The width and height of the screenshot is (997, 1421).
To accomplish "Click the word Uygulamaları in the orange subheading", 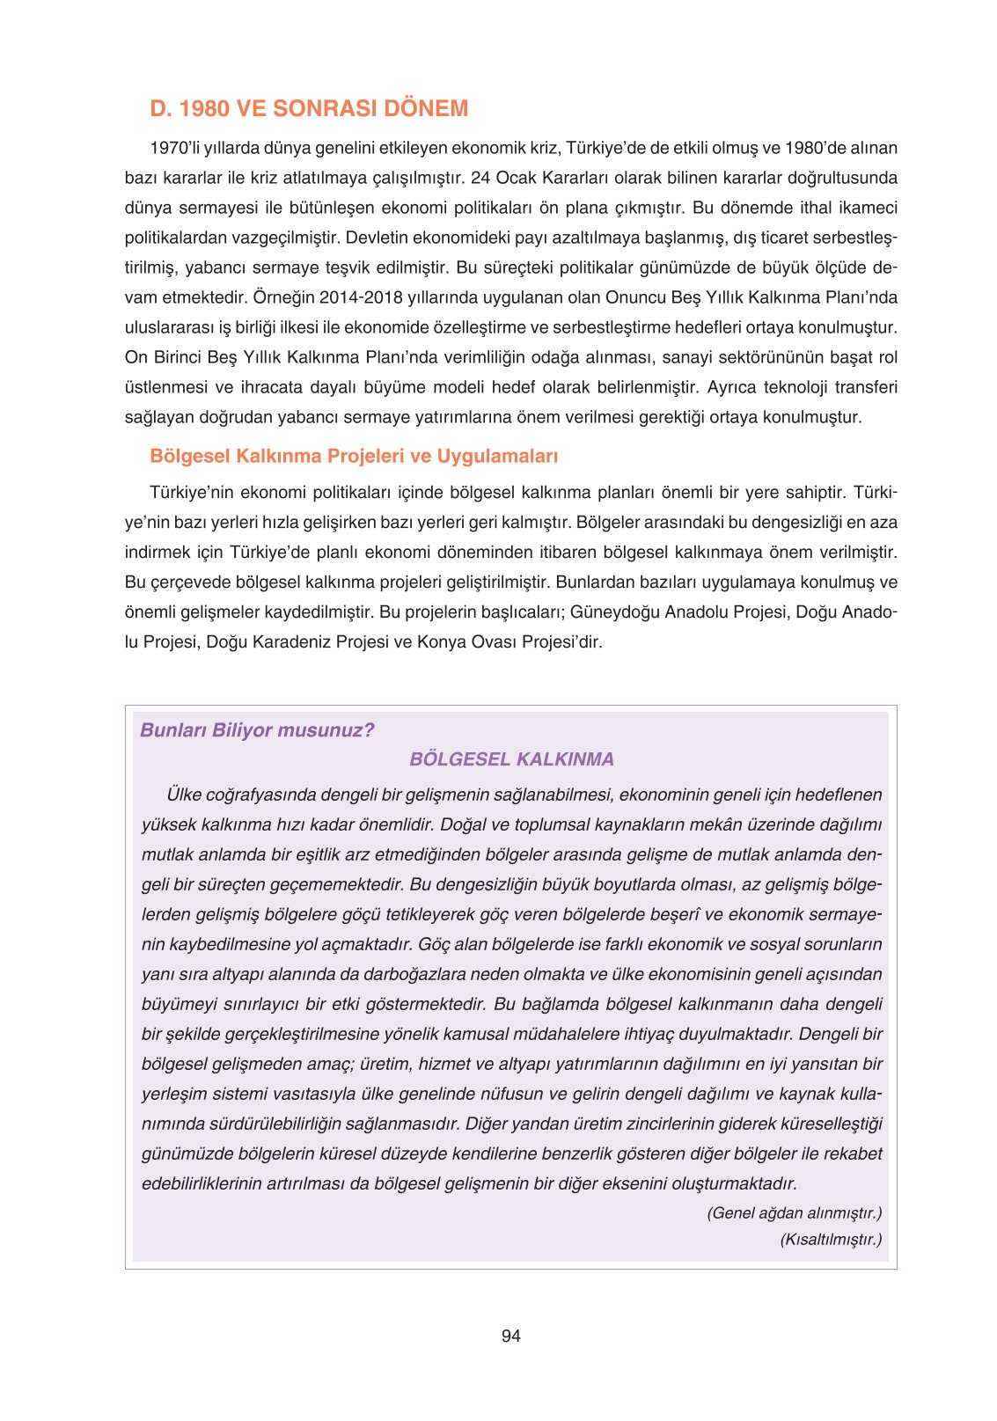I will click(497, 456).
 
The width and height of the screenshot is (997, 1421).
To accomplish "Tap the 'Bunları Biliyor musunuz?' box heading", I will click(257, 730).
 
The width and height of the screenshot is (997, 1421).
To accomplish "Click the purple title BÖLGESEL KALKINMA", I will click(511, 759).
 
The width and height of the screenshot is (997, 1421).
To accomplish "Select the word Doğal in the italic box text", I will click(462, 824).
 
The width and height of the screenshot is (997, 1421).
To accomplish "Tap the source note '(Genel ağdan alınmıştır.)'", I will click(794, 1213).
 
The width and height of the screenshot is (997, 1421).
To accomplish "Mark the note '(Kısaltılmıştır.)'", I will click(830, 1240).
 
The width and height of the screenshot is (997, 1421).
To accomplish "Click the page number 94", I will click(510, 1337).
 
